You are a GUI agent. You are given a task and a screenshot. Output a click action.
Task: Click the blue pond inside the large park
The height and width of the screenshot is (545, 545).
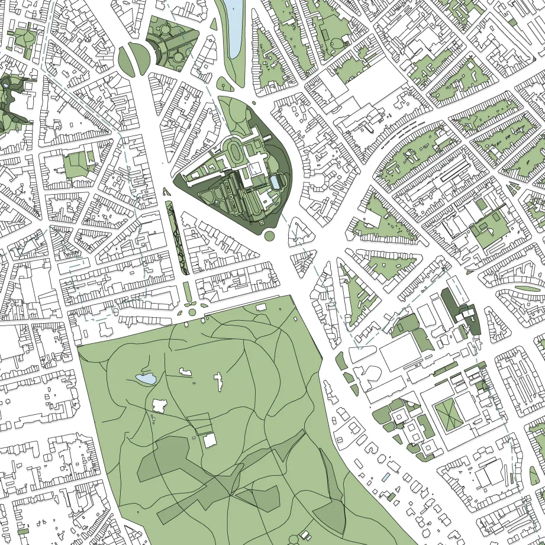coord(146,378)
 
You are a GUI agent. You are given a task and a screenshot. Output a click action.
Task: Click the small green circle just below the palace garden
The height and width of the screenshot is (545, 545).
coord(269,236)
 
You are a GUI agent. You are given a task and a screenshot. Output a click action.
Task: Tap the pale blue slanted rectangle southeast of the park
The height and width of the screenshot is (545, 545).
coord(386,476)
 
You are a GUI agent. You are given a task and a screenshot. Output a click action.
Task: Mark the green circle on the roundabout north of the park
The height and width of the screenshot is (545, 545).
coord(192,312)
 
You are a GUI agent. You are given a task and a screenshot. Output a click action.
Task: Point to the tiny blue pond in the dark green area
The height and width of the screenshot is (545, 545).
coord(6,85)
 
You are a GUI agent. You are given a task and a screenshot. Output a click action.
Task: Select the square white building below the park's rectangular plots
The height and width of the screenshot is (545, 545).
coord(209,440)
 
